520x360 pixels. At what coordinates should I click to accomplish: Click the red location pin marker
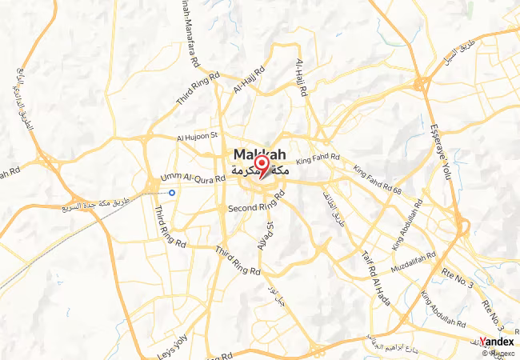[x=261, y=166]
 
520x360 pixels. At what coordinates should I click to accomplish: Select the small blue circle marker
[x=172, y=193]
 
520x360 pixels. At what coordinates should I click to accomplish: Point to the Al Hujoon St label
[x=197, y=138]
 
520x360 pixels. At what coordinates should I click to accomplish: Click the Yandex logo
[x=497, y=342]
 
